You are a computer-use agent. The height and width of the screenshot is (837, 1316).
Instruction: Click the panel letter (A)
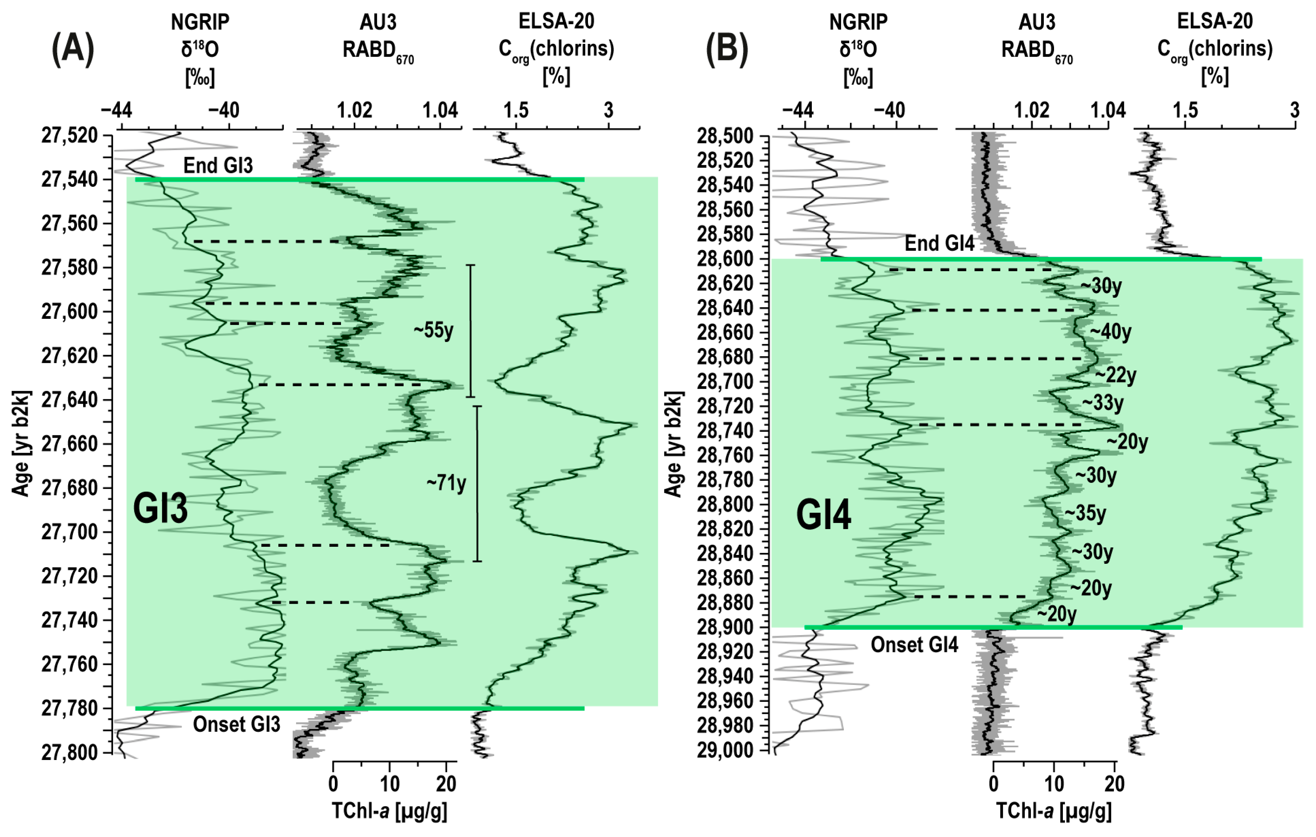(x=73, y=49)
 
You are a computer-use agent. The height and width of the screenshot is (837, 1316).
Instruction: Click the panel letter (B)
(x=727, y=49)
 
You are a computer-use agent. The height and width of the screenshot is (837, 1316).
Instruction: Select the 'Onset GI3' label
(x=236, y=725)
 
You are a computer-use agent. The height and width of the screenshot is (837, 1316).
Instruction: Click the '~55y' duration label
(x=433, y=330)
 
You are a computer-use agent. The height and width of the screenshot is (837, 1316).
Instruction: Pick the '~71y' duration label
(x=447, y=483)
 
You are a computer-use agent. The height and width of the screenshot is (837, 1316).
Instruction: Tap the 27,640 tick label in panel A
(x=69, y=400)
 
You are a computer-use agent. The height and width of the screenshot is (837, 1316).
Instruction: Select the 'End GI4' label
(x=940, y=244)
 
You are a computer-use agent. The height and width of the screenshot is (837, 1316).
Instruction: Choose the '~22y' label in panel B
(x=1115, y=375)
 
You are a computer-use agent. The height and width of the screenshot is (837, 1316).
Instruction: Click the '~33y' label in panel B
(x=1103, y=403)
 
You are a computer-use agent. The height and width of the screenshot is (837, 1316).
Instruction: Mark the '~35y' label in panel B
(x=1085, y=514)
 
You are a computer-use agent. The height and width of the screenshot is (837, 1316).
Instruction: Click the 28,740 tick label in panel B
(x=724, y=431)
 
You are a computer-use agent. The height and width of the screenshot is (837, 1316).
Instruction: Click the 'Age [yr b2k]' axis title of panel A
(x=21, y=443)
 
